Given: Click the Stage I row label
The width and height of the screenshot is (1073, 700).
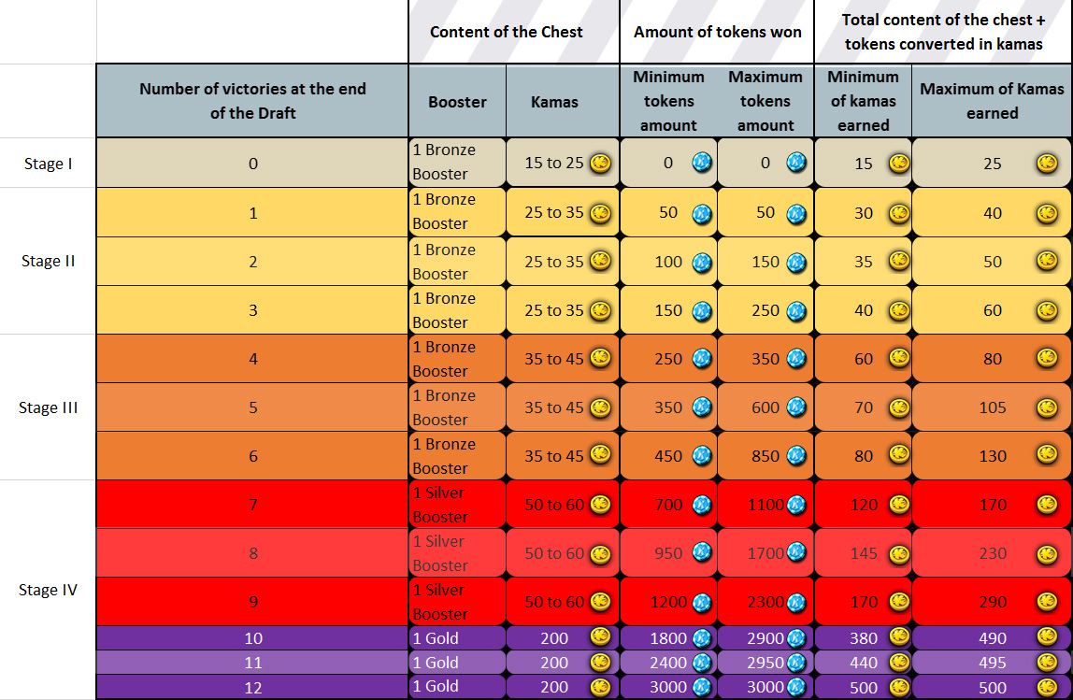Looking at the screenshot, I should [48, 164].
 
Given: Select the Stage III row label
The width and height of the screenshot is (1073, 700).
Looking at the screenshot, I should [48, 407].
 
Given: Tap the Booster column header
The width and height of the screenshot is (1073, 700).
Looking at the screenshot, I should [457, 102].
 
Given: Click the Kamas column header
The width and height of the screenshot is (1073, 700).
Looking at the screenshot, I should [553, 102].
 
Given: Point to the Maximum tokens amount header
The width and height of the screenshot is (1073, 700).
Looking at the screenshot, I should [765, 101].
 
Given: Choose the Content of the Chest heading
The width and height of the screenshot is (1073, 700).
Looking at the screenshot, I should [506, 32].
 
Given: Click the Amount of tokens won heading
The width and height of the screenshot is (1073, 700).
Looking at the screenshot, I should [717, 32].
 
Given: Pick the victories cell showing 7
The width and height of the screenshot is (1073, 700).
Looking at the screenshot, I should [252, 505].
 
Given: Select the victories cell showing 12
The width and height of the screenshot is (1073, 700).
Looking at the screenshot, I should [252, 686].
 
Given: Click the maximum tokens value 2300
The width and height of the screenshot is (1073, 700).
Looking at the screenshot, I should [765, 602].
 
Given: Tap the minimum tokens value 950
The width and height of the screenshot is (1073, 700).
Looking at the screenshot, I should [668, 553].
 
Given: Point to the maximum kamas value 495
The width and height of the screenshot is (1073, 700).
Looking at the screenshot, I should [992, 663].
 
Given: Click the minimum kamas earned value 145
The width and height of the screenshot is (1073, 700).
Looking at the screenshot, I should [864, 553].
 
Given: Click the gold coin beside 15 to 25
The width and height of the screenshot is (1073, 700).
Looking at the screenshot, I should [600, 163].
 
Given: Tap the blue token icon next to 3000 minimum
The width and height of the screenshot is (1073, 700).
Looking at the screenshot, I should [702, 687].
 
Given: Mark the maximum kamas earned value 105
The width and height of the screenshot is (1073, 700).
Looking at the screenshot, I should [992, 407].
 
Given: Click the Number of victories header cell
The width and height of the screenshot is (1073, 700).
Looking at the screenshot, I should [252, 101].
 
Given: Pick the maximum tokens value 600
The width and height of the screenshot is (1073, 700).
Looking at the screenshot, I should [765, 407].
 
